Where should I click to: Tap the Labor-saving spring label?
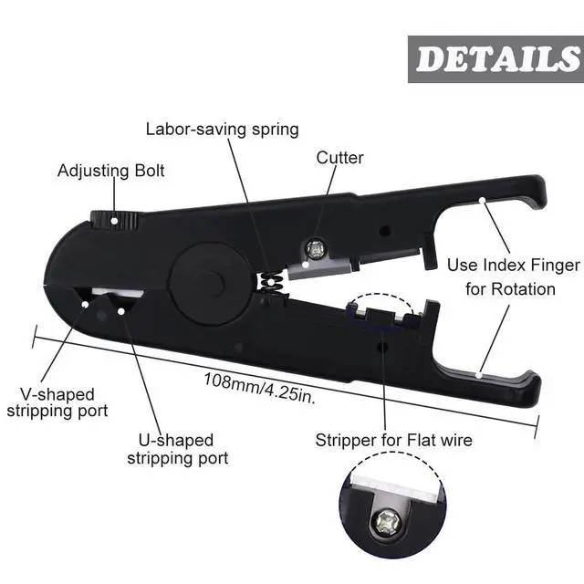click(x=222, y=129)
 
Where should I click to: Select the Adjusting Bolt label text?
click(x=111, y=171)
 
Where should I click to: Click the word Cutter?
click(x=339, y=158)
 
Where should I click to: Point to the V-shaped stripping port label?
click(x=57, y=402)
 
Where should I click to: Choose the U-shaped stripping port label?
click(x=177, y=449)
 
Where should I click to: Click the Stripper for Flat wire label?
click(x=393, y=441)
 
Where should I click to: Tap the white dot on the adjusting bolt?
click(x=114, y=219)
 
